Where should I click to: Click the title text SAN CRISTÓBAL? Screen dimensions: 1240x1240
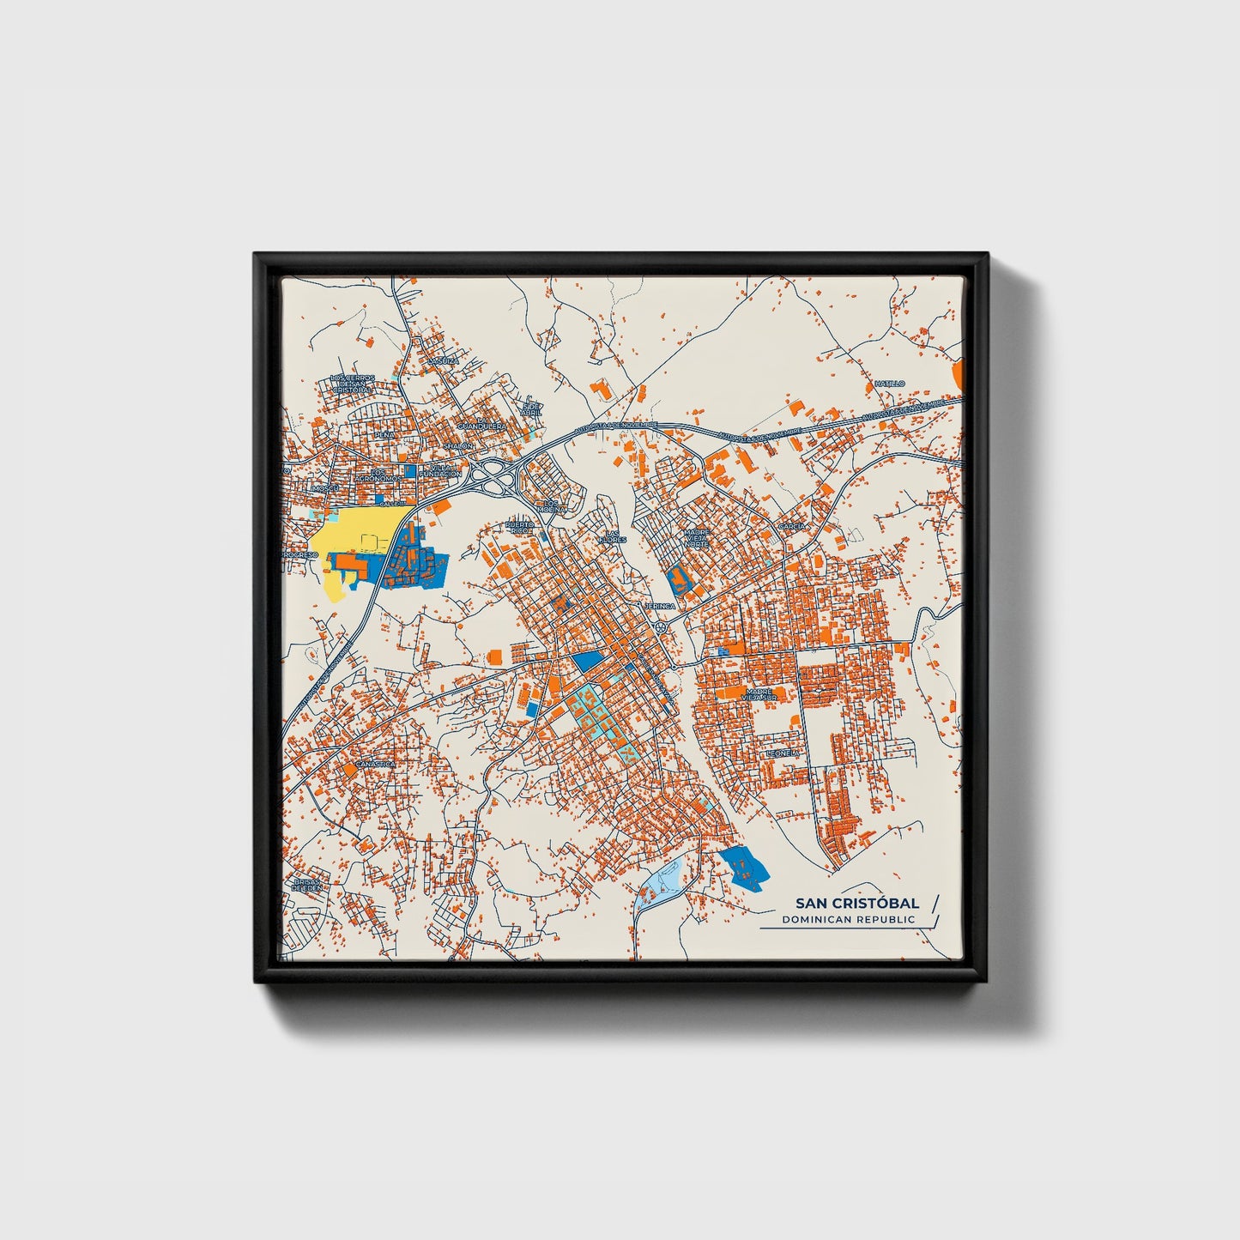(x=856, y=903)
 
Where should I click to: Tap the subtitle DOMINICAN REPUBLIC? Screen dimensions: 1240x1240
(x=848, y=920)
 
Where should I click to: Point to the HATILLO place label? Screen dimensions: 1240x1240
(x=890, y=383)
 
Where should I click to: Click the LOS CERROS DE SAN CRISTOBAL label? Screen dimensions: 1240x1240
(x=352, y=384)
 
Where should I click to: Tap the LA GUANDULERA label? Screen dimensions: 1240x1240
(x=480, y=426)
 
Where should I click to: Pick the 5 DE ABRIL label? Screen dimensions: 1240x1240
(x=532, y=408)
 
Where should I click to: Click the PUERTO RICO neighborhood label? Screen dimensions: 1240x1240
(x=519, y=527)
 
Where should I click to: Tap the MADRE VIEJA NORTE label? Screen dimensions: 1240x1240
(x=697, y=538)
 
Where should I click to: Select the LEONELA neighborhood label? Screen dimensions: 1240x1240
(x=783, y=753)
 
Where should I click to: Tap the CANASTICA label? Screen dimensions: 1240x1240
(x=375, y=763)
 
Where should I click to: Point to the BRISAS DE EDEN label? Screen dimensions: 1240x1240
(x=306, y=885)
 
